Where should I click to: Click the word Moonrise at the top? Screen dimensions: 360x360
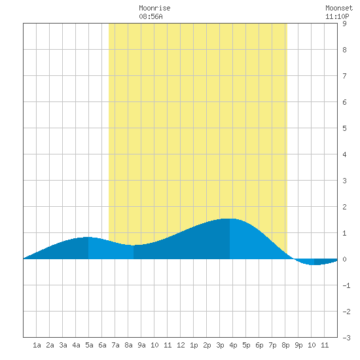click(154, 8)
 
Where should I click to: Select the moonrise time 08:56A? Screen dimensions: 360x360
click(151, 16)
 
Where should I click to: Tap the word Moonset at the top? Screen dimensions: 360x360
click(339, 8)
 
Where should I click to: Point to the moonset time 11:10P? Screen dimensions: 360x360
click(337, 16)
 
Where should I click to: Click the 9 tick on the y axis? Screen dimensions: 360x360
click(344, 24)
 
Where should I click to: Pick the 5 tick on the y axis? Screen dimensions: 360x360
click(344, 128)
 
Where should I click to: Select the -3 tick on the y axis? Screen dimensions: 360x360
click(346, 338)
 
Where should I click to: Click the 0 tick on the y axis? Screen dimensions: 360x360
click(344, 259)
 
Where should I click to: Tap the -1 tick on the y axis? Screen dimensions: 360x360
click(346, 285)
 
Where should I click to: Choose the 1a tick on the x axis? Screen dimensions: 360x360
click(37, 345)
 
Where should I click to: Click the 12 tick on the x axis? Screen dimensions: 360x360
click(181, 345)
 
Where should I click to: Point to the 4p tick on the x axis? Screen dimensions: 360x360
click(233, 345)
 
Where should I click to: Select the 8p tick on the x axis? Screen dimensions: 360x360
click(285, 345)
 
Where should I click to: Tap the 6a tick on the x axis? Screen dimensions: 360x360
click(102, 345)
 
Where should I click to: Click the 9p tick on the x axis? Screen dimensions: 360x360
click(298, 345)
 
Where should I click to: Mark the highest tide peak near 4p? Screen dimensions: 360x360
click(230, 219)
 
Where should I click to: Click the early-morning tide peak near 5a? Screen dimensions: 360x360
click(88, 237)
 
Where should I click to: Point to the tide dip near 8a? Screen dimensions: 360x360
click(134, 245)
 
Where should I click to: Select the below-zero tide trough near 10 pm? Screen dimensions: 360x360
click(314, 264)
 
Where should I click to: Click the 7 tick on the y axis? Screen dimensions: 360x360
click(344, 76)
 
